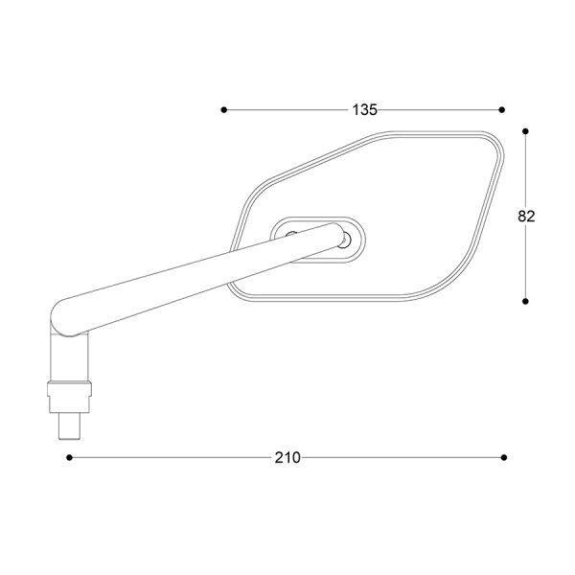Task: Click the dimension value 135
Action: [x=364, y=109]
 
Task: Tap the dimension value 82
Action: [x=526, y=216]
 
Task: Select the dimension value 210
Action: [x=287, y=458]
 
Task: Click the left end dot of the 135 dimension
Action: [x=223, y=110]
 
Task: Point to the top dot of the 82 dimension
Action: [x=526, y=128]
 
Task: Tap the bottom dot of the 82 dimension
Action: [x=526, y=300]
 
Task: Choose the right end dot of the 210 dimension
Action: [x=505, y=458]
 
